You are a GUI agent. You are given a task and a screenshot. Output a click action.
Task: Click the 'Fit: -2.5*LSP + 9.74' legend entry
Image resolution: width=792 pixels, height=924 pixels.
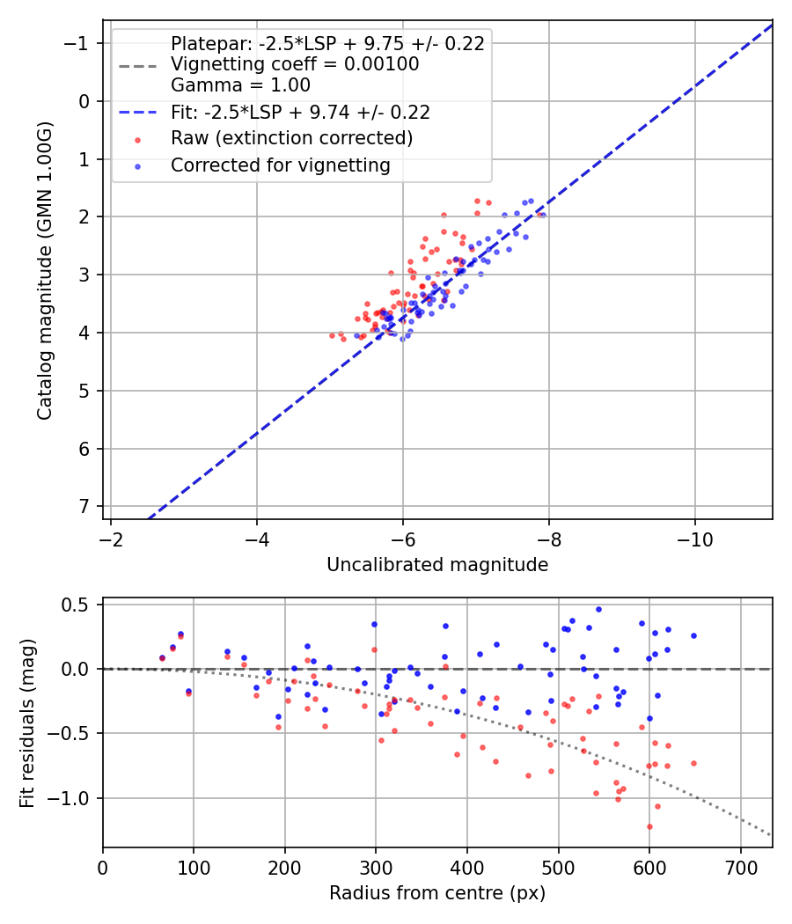pyautogui.click(x=300, y=113)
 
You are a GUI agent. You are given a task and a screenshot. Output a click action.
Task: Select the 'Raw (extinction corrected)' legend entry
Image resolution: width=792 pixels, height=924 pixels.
pyautogui.click(x=291, y=138)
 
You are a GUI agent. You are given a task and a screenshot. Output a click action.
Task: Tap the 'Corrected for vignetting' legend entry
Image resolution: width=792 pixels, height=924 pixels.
pyautogui.click(x=280, y=165)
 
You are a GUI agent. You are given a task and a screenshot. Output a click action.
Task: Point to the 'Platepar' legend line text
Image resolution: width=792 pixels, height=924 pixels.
pyautogui.click(x=327, y=44)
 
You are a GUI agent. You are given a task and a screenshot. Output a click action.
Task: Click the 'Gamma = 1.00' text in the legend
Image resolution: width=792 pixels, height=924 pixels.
pyautogui.click(x=240, y=85)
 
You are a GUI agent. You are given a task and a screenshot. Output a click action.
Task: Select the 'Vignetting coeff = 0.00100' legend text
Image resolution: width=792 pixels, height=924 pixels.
pyautogui.click(x=295, y=64)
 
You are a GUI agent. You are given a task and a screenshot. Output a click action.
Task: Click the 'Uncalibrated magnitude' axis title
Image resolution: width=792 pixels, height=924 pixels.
pyautogui.click(x=437, y=565)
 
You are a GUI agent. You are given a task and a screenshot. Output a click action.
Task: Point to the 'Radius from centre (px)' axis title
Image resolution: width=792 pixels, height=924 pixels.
pyautogui.click(x=437, y=893)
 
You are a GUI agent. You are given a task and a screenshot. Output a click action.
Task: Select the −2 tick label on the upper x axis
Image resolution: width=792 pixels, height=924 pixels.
pyautogui.click(x=111, y=539)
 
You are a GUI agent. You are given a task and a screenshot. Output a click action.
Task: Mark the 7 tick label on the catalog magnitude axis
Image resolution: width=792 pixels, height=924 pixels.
pyautogui.click(x=84, y=507)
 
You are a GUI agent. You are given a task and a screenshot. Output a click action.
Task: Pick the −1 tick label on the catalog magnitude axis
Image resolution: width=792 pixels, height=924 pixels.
pyautogui.click(x=79, y=43)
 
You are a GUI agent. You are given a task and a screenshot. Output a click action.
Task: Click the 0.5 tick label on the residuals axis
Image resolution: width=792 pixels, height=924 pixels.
pyautogui.click(x=78, y=605)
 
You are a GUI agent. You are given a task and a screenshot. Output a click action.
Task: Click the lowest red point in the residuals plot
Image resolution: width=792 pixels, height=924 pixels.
pyautogui.click(x=649, y=826)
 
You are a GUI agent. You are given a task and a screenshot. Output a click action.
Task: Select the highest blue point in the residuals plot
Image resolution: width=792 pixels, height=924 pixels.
pyautogui.click(x=598, y=609)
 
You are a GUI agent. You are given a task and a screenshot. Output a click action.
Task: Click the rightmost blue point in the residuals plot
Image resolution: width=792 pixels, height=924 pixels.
pyautogui.click(x=693, y=635)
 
